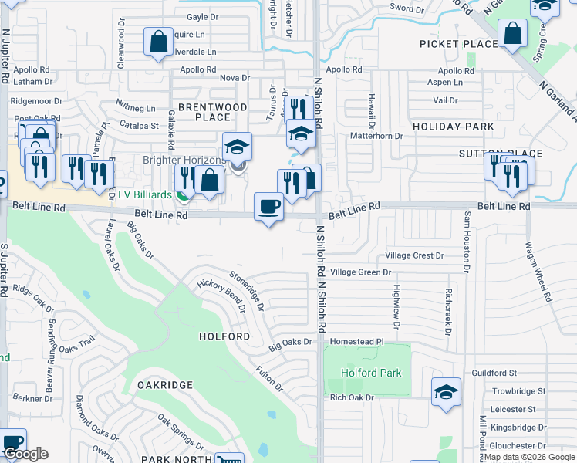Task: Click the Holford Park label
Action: [x=371, y=373]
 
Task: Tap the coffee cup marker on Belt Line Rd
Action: [x=268, y=207]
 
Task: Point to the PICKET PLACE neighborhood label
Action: [x=458, y=44]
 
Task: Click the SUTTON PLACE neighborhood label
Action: [x=511, y=154]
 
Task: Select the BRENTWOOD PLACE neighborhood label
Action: [x=213, y=112]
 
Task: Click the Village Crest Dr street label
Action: [x=415, y=255]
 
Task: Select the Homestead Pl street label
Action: [x=357, y=341]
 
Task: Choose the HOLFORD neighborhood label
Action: [x=224, y=336]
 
